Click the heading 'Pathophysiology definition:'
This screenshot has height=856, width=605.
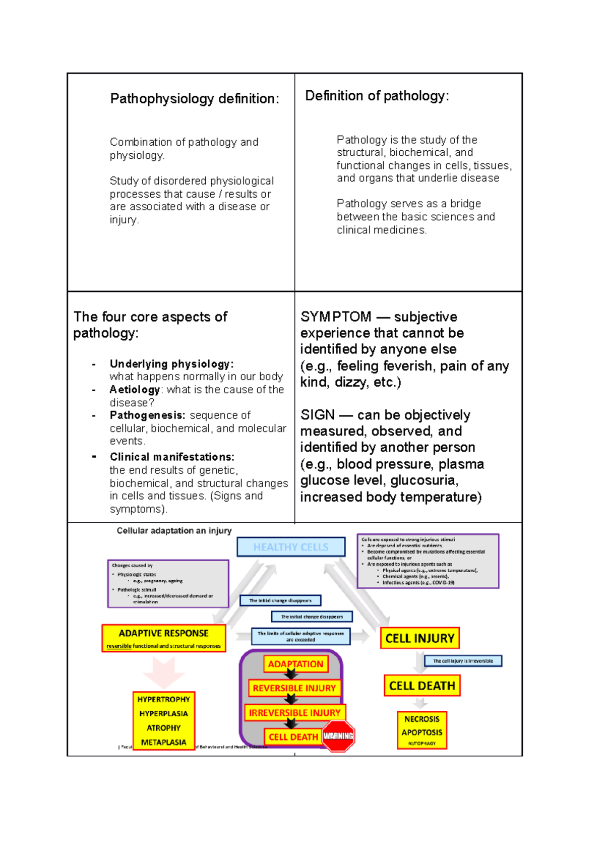tap(194, 98)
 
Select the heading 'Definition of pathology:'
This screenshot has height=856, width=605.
tap(377, 96)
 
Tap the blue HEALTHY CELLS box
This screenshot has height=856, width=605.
tap(291, 547)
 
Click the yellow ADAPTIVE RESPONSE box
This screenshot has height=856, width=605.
tap(163, 638)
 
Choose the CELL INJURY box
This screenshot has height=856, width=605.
tap(419, 638)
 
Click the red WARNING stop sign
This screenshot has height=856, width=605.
tap(338, 736)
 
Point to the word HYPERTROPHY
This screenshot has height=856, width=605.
tap(163, 700)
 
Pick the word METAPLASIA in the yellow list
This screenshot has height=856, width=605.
tap(163, 742)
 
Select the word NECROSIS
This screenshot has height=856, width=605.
tap(422, 719)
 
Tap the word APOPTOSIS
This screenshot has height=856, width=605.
tap(422, 732)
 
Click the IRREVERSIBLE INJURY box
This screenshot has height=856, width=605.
tap(294, 713)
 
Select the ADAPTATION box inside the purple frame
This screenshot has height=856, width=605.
tap(295, 664)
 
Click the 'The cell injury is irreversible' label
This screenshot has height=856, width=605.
tap(463, 661)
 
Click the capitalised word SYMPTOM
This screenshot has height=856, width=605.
tap(335, 317)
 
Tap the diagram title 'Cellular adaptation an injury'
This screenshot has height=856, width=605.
tap(174, 531)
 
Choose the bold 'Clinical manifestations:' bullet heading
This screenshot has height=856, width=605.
tap(172, 457)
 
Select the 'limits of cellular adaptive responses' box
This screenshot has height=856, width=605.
tap(300, 636)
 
